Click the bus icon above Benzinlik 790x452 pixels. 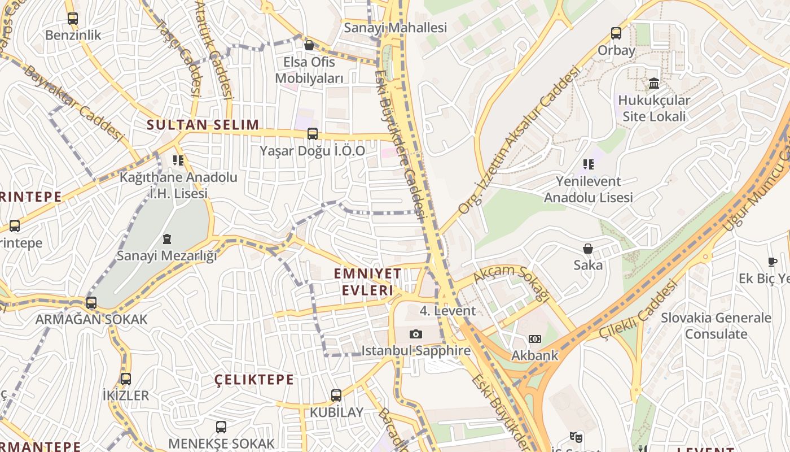(x=72, y=19)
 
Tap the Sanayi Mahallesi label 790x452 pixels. (x=395, y=27)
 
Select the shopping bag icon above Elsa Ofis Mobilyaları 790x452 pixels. (x=309, y=45)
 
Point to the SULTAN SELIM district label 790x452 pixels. (x=203, y=125)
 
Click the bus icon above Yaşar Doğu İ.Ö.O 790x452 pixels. (x=312, y=134)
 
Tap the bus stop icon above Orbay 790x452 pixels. (x=616, y=33)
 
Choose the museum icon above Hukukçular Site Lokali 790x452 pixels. (x=654, y=84)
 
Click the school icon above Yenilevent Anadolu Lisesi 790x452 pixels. (x=588, y=164)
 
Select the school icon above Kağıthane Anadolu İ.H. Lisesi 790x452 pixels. (x=178, y=160)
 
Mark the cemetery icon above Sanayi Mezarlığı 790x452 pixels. (x=166, y=239)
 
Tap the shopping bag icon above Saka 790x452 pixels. (x=588, y=249)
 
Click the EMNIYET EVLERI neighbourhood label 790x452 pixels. (x=367, y=282)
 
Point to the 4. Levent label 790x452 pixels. (x=447, y=310)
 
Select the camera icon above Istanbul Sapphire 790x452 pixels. (x=416, y=334)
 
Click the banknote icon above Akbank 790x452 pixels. (x=534, y=339)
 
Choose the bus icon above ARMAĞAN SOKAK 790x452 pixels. (x=91, y=303)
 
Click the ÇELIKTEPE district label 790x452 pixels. (x=254, y=380)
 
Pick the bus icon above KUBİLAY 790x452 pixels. (x=336, y=395)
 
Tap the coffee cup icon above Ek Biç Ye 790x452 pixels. (x=773, y=262)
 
